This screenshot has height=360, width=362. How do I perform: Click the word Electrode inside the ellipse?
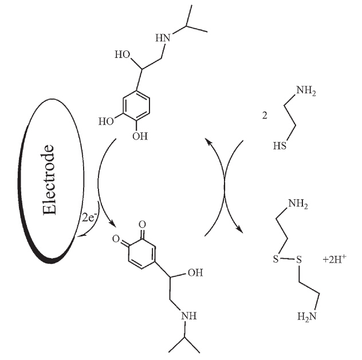tap(50, 180)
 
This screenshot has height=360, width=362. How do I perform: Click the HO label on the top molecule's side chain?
tap(123, 56)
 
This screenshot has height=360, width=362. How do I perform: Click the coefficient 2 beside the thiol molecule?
tap(265, 115)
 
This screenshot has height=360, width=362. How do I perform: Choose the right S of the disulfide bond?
tap(298, 260)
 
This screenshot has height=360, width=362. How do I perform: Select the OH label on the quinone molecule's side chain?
tap(195, 272)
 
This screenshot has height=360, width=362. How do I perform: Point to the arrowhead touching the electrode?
tap(80, 236)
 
